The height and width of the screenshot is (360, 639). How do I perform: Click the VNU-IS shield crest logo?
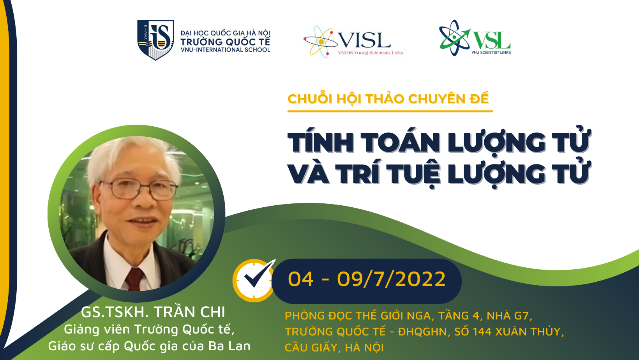155,40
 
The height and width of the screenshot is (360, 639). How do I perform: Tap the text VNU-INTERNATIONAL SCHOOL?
225,49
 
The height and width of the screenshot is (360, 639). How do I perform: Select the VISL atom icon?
320,42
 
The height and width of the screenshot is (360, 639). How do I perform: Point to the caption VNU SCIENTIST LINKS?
491,53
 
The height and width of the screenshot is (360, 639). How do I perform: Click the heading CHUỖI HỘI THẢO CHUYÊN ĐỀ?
388,99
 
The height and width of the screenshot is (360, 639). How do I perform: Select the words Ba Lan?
229,346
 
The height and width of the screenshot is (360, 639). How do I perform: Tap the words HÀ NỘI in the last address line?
364,348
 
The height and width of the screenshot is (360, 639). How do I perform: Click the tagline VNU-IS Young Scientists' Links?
371,53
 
